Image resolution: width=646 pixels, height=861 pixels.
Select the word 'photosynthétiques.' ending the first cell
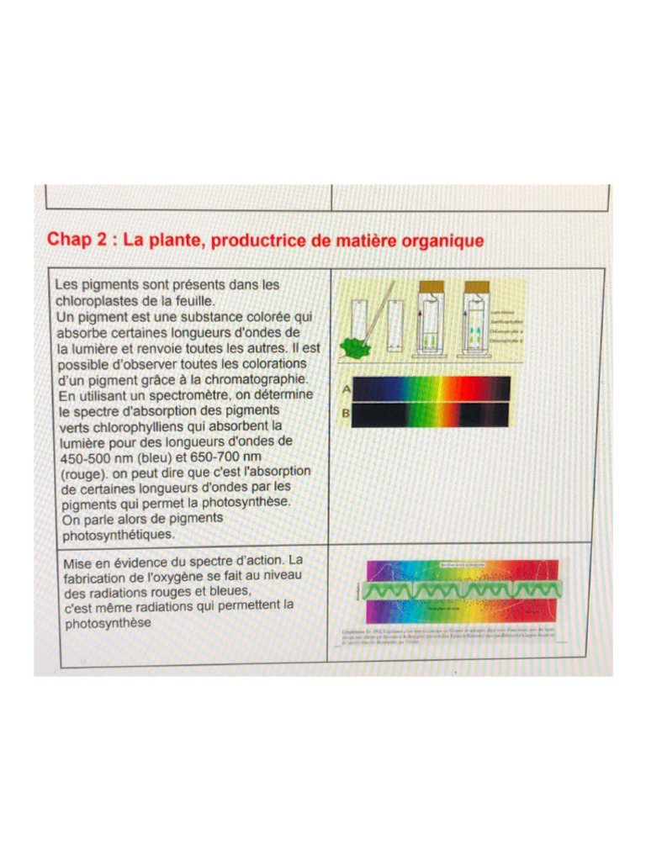[118, 533]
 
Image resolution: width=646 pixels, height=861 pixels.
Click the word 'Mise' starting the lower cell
[79, 559]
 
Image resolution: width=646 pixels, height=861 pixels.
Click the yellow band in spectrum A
[427, 388]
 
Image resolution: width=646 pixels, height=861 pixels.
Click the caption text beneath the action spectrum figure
[458, 635]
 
